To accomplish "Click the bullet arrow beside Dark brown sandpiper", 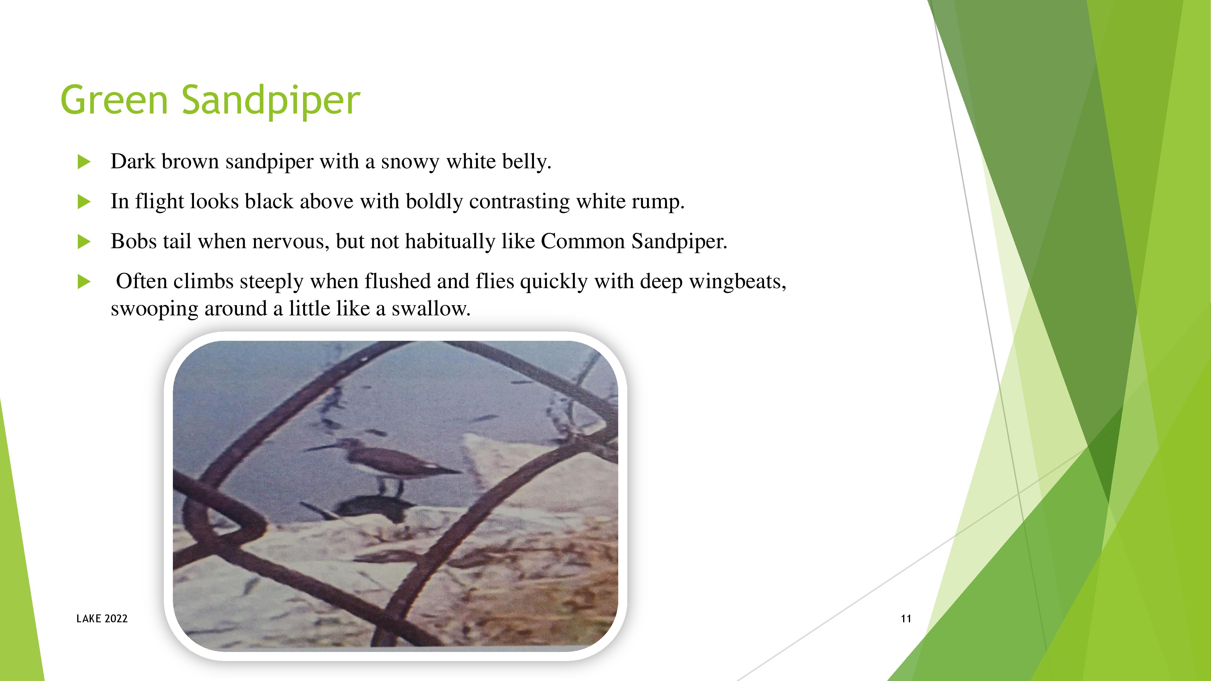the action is tap(84, 162).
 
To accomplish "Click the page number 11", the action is tap(906, 618).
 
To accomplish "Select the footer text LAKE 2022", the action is tap(102, 618).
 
